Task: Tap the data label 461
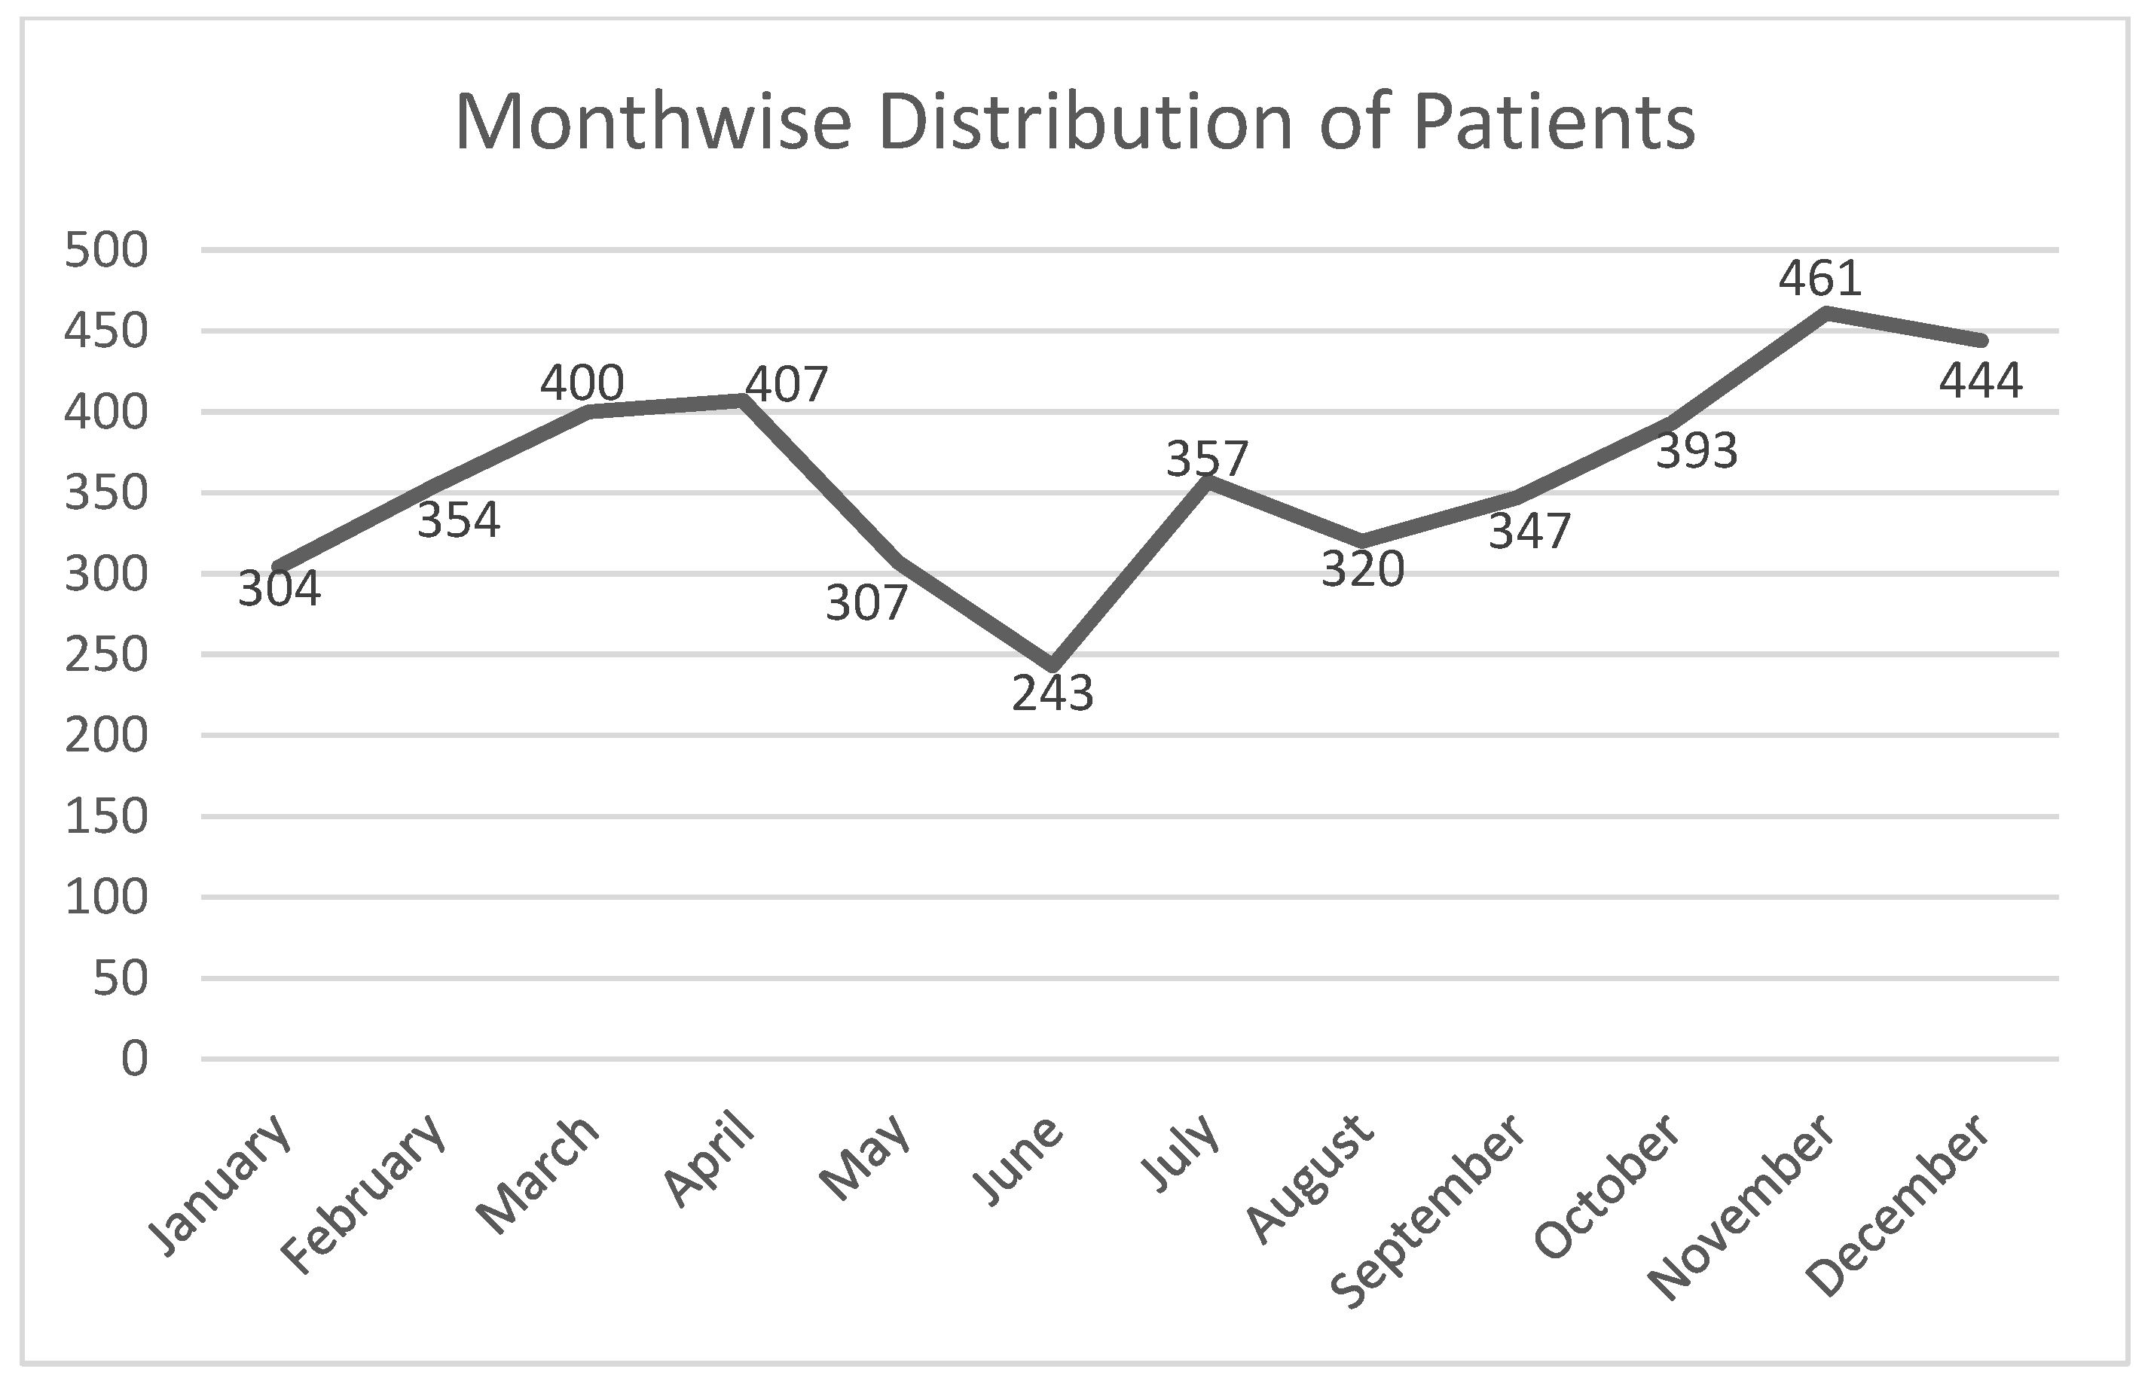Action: [x=1819, y=279]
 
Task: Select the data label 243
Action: [x=1053, y=693]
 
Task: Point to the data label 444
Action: [x=1981, y=381]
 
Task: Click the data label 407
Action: [x=787, y=385]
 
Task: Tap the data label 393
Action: [x=1697, y=451]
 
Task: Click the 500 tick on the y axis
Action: [x=106, y=251]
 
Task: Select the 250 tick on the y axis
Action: [x=106, y=655]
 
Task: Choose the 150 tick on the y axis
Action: [x=106, y=817]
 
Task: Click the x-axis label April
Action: [x=709, y=1160]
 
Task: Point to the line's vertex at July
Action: [x=1207, y=481]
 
